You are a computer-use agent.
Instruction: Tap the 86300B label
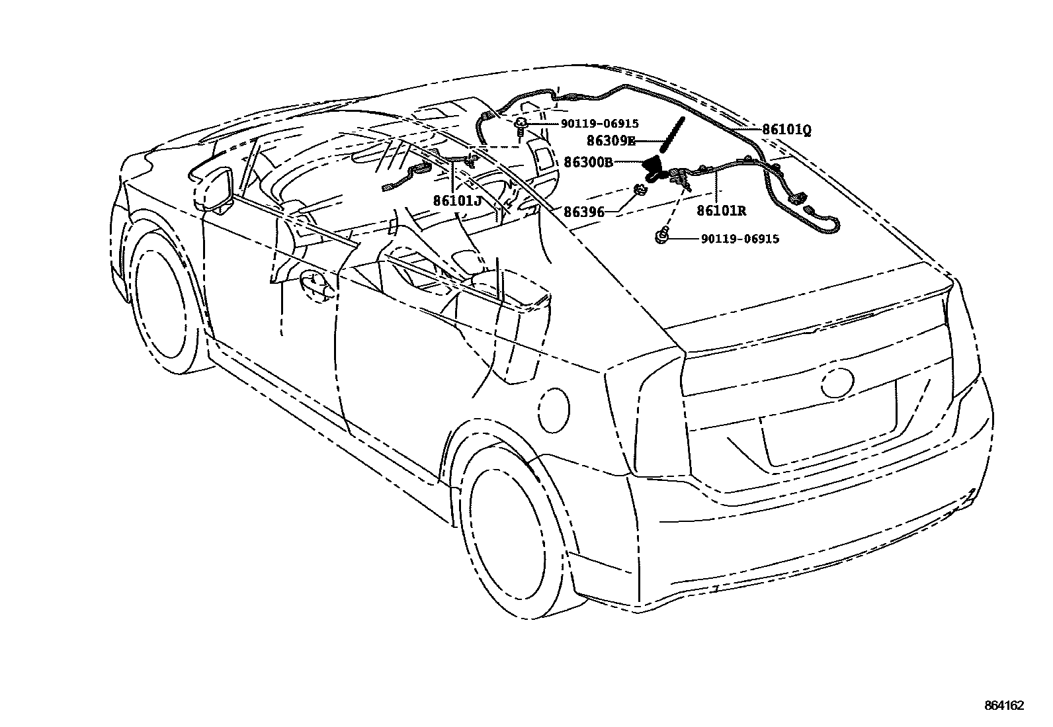pos(588,161)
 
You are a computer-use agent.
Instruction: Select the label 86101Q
pos(786,130)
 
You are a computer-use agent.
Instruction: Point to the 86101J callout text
pos(458,200)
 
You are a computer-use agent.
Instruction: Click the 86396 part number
pos(585,212)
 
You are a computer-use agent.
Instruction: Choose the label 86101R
pos(721,211)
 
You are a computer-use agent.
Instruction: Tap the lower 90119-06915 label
pos(739,238)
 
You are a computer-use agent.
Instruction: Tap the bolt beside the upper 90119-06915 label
pos(521,126)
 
